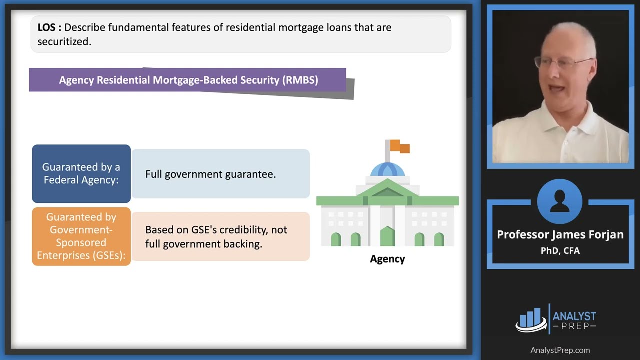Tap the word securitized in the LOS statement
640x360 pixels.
coord(64,42)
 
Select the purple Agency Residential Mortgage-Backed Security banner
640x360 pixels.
coord(188,80)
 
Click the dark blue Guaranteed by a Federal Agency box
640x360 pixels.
coord(81,174)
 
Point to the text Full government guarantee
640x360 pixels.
coord(210,174)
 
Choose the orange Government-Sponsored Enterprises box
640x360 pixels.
coord(81,236)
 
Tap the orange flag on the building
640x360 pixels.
coord(400,146)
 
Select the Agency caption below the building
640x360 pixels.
coord(387,259)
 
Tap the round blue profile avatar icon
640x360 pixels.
coord(559,201)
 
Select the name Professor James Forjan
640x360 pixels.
coord(560,235)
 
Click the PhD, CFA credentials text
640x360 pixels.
coord(560,250)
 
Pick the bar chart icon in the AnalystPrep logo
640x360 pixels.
coord(531,319)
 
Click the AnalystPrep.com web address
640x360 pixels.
coord(560,350)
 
